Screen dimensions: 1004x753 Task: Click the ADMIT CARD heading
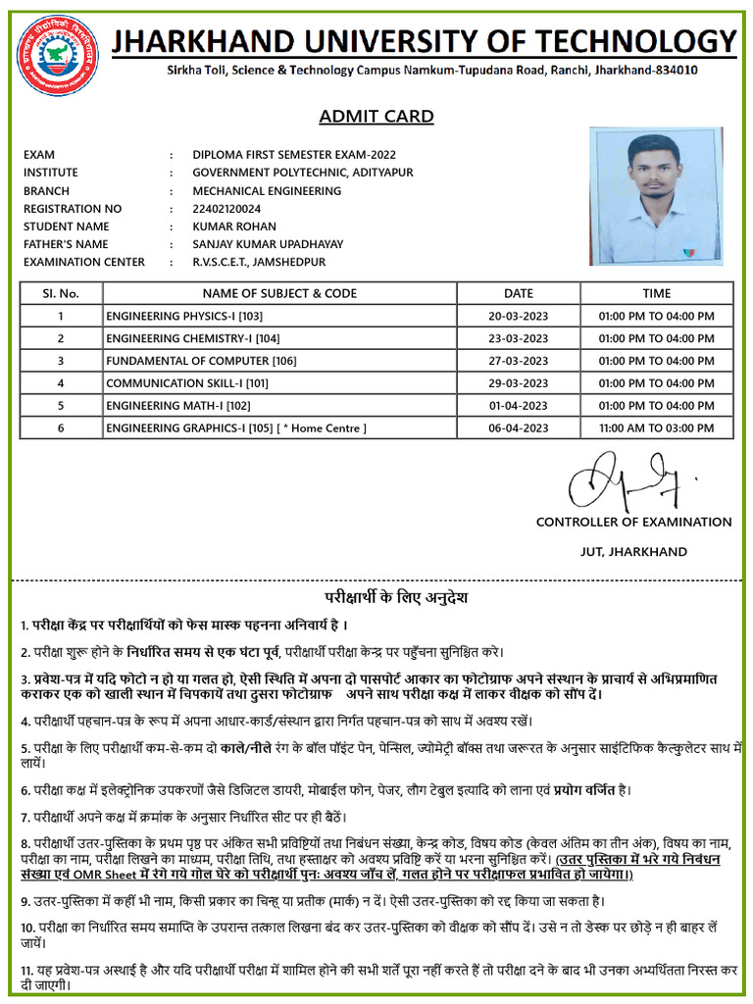[376, 117]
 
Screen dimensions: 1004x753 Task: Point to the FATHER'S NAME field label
[66, 244]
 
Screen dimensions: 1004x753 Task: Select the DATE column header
[519, 293]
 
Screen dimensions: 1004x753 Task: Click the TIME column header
[657, 293]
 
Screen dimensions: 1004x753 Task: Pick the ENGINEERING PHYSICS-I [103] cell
[184, 316]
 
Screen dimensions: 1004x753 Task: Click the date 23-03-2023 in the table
[519, 338]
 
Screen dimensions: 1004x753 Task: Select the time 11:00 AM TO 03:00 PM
[657, 428]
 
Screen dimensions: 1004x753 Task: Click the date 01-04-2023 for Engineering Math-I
[519, 406]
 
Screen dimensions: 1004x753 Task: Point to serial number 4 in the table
[61, 383]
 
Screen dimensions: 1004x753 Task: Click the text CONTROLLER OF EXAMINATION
[633, 522]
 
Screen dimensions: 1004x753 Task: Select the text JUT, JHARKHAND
[633, 552]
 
